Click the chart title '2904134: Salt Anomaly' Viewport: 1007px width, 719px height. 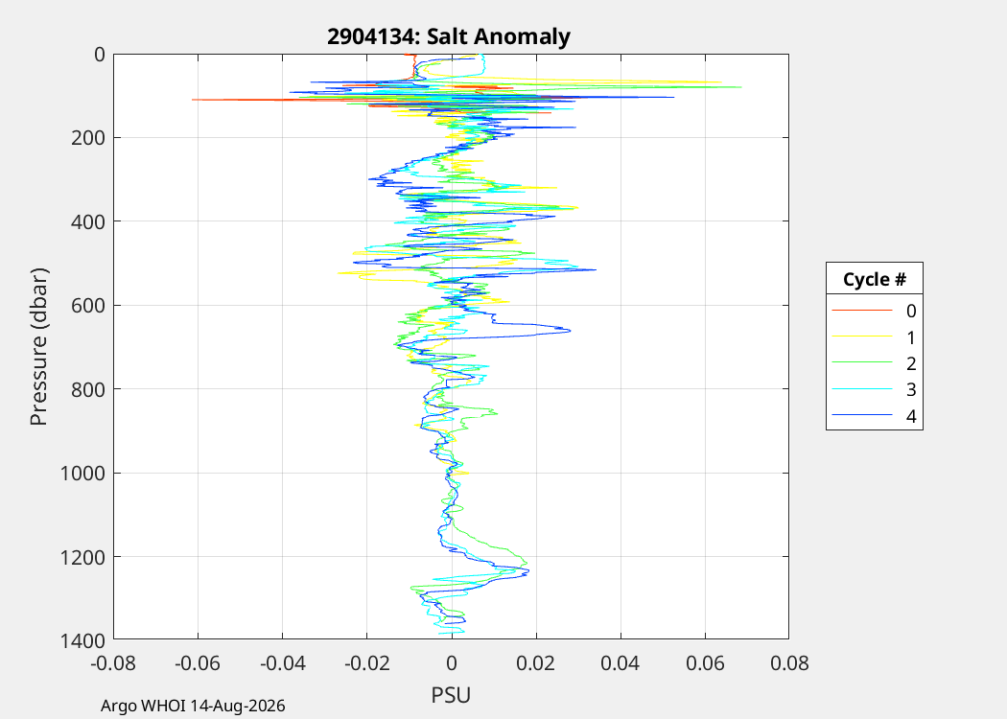(x=448, y=36)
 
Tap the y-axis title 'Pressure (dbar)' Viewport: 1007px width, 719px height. (x=38, y=347)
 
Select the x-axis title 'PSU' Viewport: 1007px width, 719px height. (x=451, y=695)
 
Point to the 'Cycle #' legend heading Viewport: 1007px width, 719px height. (x=874, y=279)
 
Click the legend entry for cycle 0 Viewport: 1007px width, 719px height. (x=874, y=311)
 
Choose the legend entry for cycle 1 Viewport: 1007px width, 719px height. (x=874, y=337)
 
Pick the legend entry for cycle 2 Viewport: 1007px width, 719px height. (x=874, y=363)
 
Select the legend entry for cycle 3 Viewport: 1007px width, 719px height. (x=874, y=389)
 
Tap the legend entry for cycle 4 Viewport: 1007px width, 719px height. (x=874, y=416)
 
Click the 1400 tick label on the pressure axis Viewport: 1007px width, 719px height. (x=82, y=640)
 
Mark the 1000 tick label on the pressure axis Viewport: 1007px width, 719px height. (x=82, y=474)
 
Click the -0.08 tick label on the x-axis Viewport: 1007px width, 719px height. (x=113, y=662)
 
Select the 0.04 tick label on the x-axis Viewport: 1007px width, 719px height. (x=621, y=662)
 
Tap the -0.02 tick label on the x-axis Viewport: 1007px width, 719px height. (x=366, y=662)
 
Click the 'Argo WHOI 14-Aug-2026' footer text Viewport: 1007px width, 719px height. (x=193, y=707)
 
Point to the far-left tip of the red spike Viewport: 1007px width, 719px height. (x=192, y=100)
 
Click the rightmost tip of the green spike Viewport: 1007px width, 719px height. (x=741, y=86)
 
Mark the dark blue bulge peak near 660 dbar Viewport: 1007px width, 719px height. (x=571, y=331)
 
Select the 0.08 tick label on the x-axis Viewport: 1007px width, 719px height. (x=789, y=662)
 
